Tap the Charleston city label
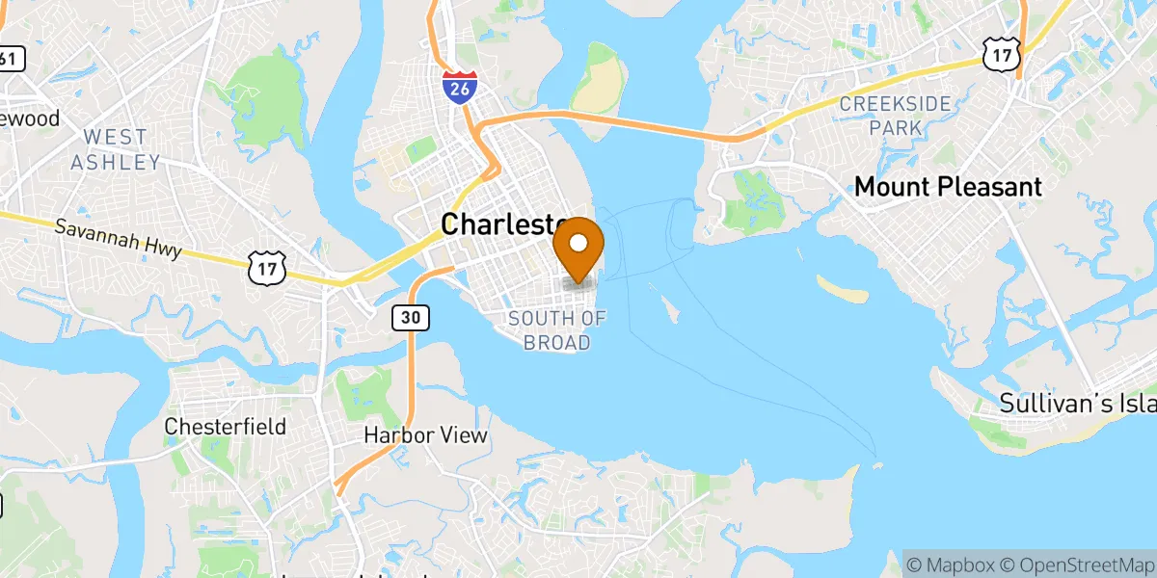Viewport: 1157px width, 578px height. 501,224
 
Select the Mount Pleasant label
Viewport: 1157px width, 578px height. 949,187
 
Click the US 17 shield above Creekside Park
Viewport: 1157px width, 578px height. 1001,56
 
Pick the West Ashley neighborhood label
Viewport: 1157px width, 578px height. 115,149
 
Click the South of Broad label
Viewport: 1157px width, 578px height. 557,329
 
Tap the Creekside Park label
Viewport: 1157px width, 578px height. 895,115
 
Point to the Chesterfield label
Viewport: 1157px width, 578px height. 226,426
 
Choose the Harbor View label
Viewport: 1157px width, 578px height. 425,435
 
